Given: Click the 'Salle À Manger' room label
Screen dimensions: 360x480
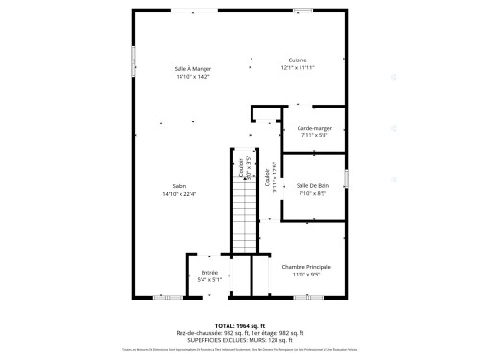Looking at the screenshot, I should tap(193, 68).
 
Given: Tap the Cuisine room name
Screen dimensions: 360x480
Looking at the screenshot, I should tap(298, 60).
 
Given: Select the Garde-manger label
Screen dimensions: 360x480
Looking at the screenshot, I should tap(313, 128).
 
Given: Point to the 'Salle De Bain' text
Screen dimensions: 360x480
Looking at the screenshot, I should tap(313, 185).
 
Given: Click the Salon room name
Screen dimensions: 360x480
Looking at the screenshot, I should tap(179, 186).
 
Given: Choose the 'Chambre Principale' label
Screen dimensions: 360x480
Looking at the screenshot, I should tap(306, 266).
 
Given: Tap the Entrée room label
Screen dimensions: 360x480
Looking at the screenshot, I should tap(209, 273).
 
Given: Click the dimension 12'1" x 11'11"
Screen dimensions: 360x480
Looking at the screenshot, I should tap(298, 68).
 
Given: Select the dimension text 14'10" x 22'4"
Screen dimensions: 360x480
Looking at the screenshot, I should tap(179, 194).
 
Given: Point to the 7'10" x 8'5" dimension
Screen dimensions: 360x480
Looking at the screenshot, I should tap(313, 193).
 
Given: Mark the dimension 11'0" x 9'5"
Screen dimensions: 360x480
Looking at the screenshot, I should tap(306, 275).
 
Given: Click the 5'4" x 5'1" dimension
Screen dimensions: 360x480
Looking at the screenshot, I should tap(209, 280).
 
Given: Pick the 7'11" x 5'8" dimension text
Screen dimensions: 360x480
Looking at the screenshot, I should tap(313, 135).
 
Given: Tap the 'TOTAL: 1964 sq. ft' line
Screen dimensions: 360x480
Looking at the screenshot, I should tap(240, 325).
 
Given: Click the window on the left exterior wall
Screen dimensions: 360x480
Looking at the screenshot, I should tap(133, 62).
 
